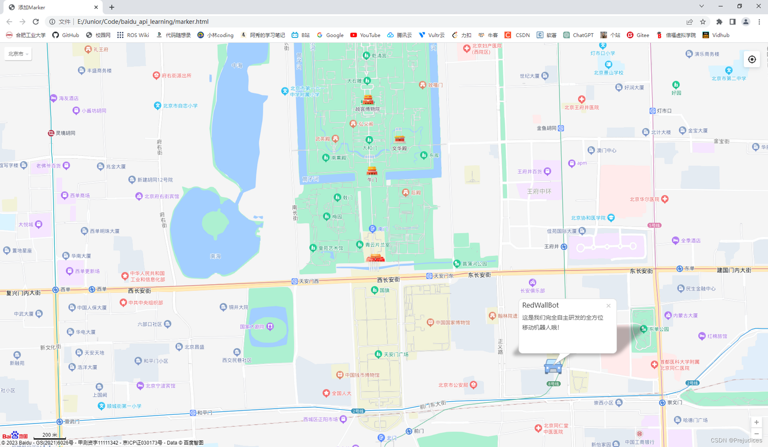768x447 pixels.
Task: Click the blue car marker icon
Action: (x=553, y=367)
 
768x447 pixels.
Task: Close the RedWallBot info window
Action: (x=608, y=306)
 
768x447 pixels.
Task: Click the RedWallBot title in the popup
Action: (x=540, y=305)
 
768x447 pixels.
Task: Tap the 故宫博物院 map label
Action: (x=367, y=109)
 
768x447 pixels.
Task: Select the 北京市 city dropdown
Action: (x=18, y=54)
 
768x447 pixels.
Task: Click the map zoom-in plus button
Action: (x=756, y=422)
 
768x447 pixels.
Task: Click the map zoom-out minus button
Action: (x=756, y=434)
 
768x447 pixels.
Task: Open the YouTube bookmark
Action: (x=365, y=35)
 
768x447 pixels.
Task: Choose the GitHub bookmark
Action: (x=66, y=35)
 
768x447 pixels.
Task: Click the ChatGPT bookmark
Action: (x=578, y=35)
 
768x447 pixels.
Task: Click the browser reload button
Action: (x=36, y=22)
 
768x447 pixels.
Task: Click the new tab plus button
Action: (x=112, y=7)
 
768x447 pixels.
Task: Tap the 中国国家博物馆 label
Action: (x=452, y=322)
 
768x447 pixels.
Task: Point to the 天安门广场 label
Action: (x=396, y=354)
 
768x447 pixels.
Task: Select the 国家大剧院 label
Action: (x=252, y=327)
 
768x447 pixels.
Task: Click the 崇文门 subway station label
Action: (x=674, y=402)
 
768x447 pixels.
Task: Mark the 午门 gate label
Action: (x=372, y=179)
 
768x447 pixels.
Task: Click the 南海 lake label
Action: (x=215, y=256)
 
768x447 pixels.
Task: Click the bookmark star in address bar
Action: (x=703, y=22)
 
